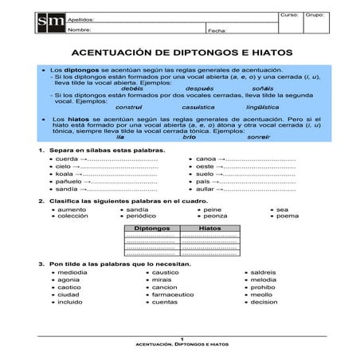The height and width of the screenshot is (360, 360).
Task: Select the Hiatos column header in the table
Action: tap(209, 227)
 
